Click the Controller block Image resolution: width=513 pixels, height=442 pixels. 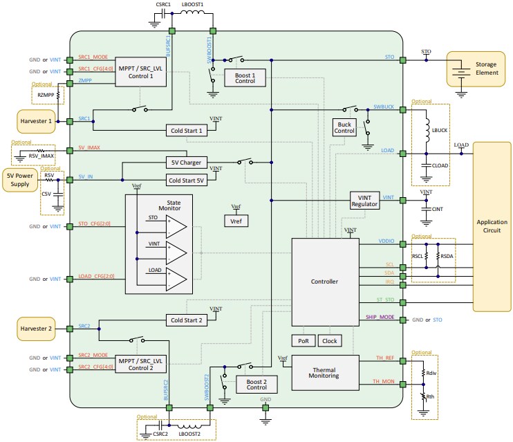tap(325, 282)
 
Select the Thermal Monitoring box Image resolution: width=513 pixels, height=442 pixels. tap(325, 371)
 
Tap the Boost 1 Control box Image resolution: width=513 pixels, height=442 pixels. tap(245, 77)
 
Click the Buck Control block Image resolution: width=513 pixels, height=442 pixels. tap(344, 127)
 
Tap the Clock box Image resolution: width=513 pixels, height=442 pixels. tap(330, 341)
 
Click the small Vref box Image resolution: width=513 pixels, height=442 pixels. tap(236, 221)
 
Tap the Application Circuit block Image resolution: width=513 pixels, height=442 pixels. tap(492, 227)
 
